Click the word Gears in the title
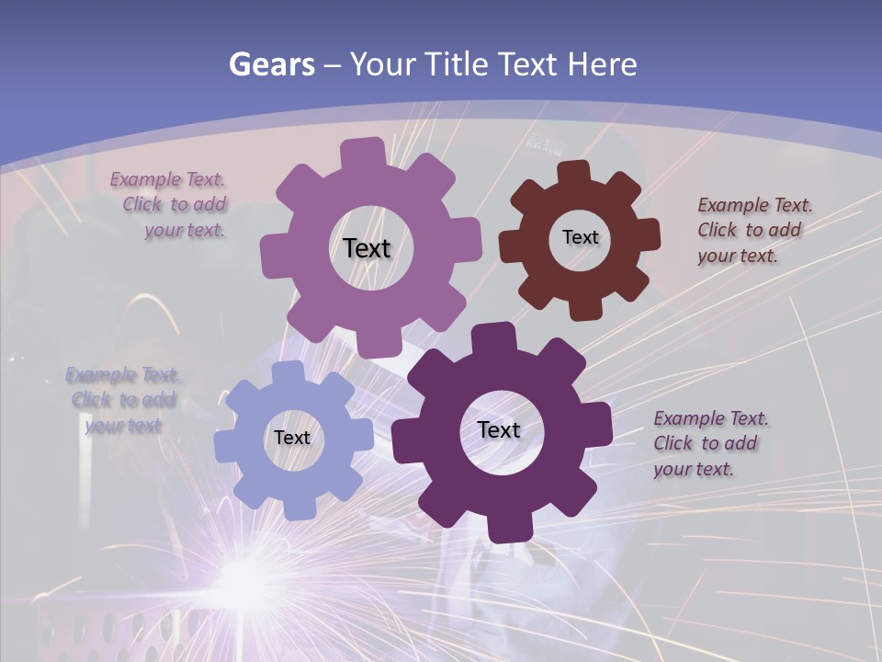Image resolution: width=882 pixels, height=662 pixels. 271,64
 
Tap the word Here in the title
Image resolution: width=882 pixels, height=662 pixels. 603,64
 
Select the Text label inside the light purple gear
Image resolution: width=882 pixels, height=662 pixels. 367,248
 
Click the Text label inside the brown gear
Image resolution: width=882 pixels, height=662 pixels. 580,237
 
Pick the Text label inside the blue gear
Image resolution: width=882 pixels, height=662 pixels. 291,438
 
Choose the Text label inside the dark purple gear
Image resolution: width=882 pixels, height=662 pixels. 499,429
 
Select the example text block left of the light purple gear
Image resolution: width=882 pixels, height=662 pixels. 171,205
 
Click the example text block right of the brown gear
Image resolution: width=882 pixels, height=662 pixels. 753,230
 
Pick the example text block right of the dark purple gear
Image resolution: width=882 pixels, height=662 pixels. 709,443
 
